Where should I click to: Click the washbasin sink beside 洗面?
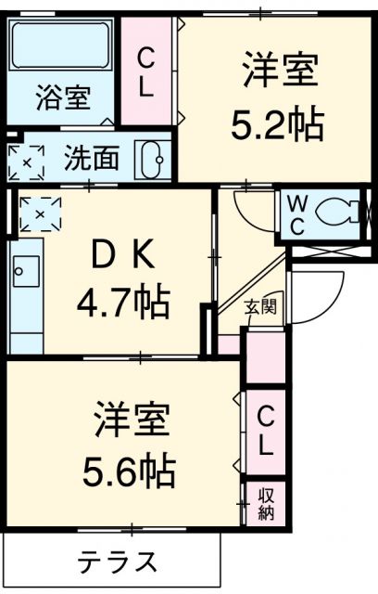(152, 160)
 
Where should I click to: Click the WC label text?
(297, 213)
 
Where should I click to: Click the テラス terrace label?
(116, 562)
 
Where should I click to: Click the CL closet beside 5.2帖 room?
(147, 74)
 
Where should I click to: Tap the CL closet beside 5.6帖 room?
(266, 430)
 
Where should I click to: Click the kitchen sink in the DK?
(23, 273)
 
